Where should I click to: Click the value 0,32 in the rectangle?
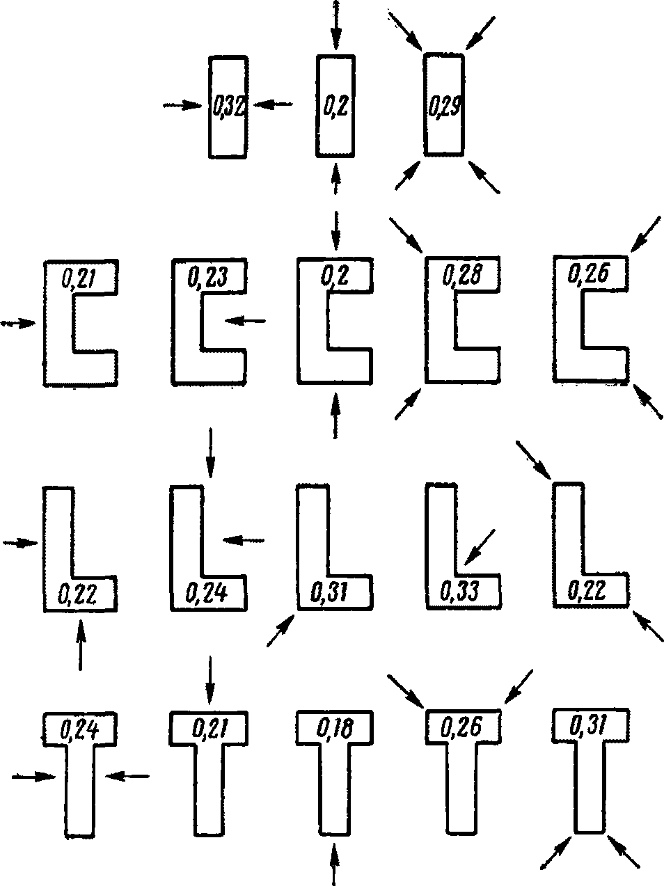point(227,107)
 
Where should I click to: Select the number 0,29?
point(443,107)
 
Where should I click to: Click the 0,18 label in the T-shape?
point(334,729)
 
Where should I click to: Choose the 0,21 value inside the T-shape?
point(208,729)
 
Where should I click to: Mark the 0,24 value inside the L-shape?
point(207,592)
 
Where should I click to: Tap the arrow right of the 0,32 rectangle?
point(272,104)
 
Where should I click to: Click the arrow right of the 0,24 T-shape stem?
point(129,775)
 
